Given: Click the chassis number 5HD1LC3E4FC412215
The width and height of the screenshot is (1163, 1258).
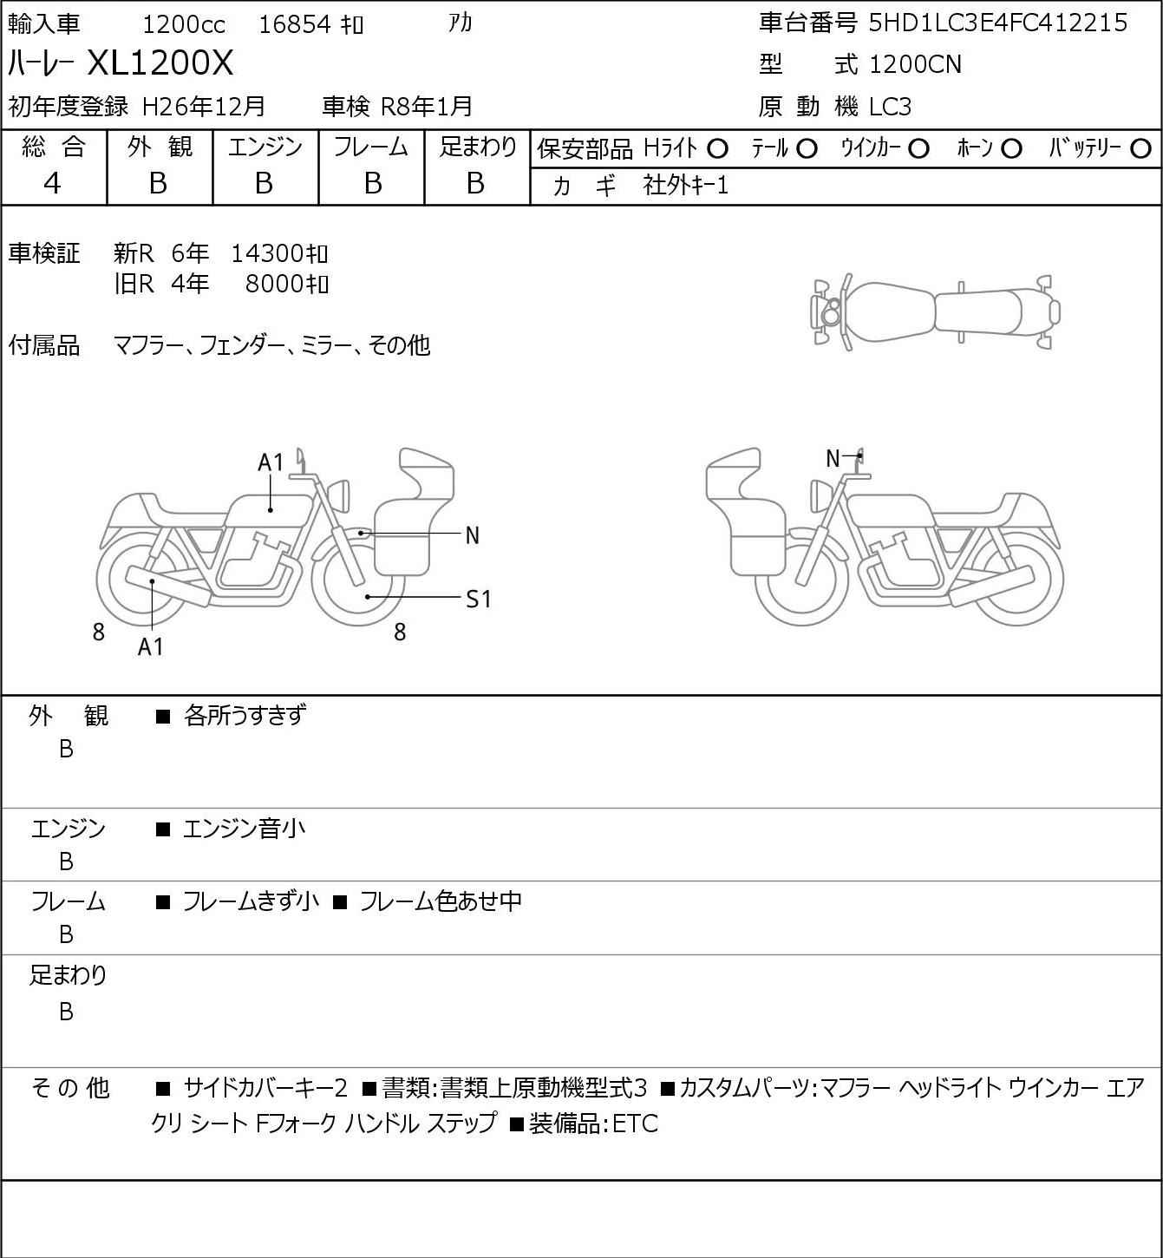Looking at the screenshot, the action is click(997, 23).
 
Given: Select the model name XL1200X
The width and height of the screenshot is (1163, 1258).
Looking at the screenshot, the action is click(160, 62).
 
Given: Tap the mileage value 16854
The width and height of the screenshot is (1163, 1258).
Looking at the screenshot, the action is click(295, 24).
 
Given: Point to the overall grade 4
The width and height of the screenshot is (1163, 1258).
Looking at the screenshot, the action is click(52, 184).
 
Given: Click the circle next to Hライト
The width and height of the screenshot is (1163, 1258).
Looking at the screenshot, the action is click(717, 149).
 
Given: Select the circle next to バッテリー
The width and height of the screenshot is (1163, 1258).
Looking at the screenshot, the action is click(1140, 149).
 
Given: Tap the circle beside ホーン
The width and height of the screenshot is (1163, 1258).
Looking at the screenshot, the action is click(1011, 149).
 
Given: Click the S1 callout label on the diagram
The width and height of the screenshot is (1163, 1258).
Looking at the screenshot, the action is click(478, 599).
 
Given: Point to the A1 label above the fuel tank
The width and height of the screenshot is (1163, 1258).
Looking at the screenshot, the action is click(271, 462).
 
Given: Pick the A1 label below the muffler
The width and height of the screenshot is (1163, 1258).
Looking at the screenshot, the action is click(151, 646).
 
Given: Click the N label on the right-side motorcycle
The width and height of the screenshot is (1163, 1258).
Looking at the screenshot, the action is click(833, 458).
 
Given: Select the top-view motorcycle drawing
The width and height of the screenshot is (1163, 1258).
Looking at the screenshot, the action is click(937, 311).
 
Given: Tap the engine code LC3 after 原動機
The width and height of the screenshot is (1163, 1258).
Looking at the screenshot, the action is click(890, 107).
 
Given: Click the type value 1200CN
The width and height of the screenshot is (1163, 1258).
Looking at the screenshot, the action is click(915, 64).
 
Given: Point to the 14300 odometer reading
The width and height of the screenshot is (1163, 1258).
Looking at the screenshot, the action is click(267, 253).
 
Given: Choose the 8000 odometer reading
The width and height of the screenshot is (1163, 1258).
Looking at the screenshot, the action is click(275, 284).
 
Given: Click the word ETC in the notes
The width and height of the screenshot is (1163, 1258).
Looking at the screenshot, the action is click(636, 1124).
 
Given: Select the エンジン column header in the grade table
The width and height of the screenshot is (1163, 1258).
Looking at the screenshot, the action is click(265, 147).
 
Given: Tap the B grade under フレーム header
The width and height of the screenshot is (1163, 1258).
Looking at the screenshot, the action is click(372, 184).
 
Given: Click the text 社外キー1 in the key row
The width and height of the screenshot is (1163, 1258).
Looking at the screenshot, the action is click(686, 186).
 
